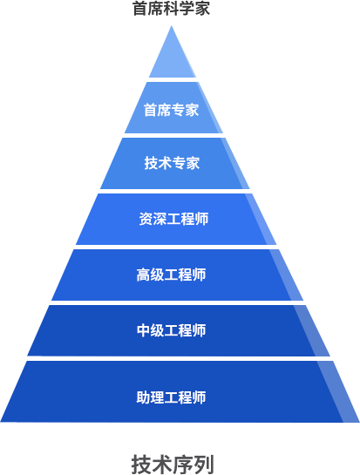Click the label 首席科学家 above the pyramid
[x=171, y=8]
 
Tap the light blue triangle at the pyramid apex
[x=172, y=58]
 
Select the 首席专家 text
[x=171, y=110]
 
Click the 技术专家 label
[x=172, y=163]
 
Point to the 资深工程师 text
[x=173, y=219]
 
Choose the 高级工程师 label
[x=171, y=275]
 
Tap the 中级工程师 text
[x=171, y=330]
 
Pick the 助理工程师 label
[x=171, y=397]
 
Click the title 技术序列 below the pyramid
[x=173, y=465]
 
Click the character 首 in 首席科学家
[x=140, y=8]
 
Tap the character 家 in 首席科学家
[x=202, y=8]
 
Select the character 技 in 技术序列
[x=141, y=465]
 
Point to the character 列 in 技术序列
[x=204, y=465]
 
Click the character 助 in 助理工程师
[x=143, y=397]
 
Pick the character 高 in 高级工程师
[x=143, y=275]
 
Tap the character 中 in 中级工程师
[x=143, y=330]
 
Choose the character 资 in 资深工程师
[x=146, y=219]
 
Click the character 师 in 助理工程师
[x=200, y=397]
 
